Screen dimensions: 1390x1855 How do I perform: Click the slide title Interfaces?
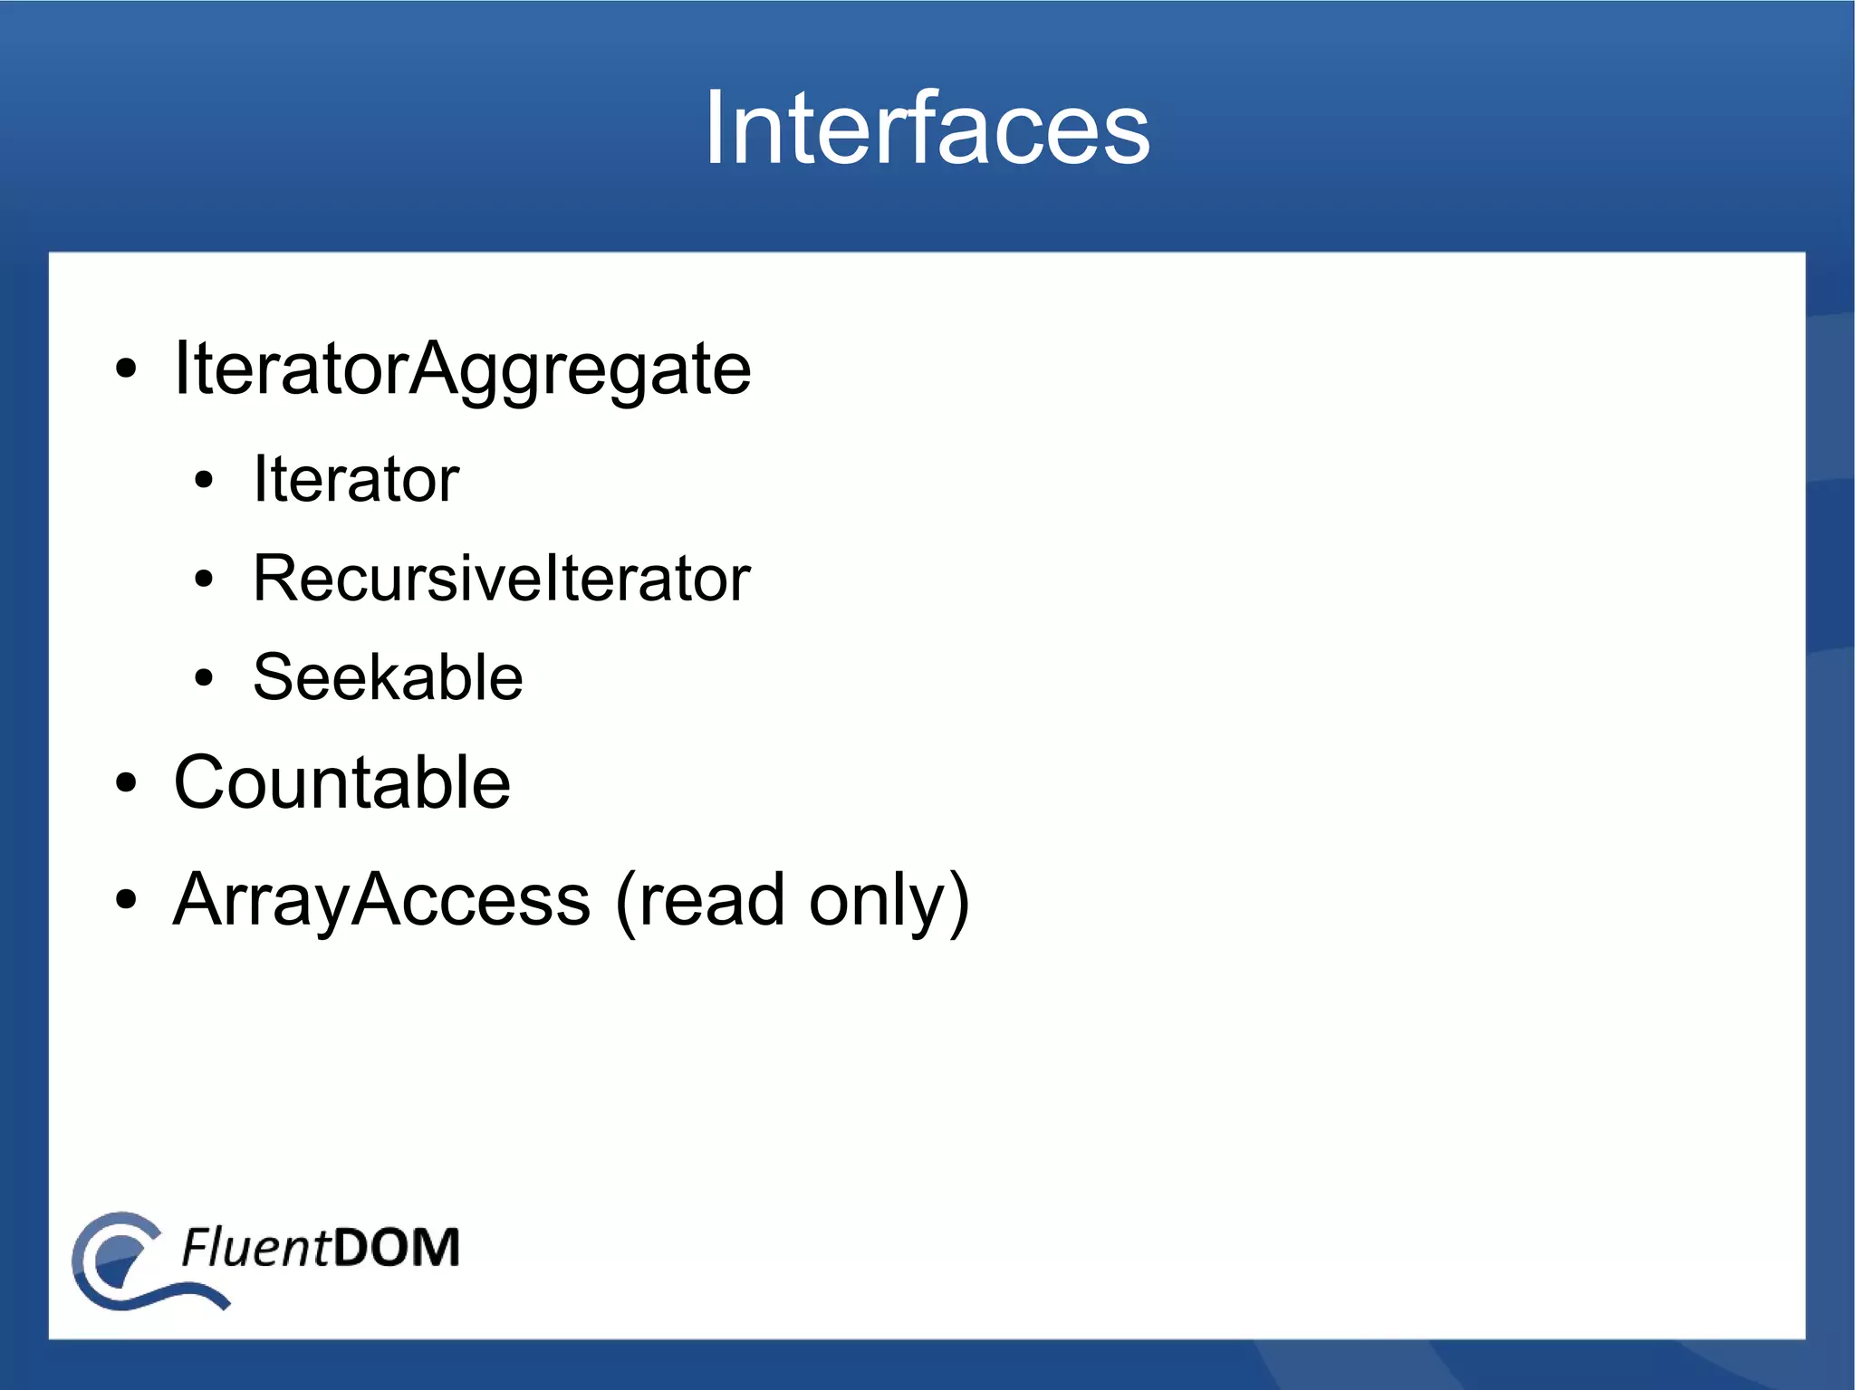pyautogui.click(x=927, y=129)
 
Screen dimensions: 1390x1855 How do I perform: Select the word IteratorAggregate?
pyautogui.click(x=462, y=369)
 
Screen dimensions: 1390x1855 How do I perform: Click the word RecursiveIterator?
pyautogui.click(x=501, y=578)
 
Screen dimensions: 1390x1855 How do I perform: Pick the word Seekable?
pyautogui.click(x=388, y=677)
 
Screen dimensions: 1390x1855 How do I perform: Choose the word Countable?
pyautogui.click(x=341, y=782)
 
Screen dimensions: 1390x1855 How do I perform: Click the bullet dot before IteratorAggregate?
pyautogui.click(x=126, y=369)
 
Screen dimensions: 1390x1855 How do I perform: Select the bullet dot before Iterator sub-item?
pyautogui.click(x=204, y=480)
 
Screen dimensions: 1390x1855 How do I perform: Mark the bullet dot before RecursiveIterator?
pyautogui.click(x=204, y=580)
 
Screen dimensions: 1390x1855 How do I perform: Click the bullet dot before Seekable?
pyautogui.click(x=204, y=678)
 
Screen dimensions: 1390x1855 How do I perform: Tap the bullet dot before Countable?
pyautogui.click(x=126, y=783)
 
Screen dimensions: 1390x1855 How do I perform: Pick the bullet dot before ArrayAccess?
pyautogui.click(x=126, y=900)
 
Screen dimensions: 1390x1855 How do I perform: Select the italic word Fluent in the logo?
pyautogui.click(x=255, y=1247)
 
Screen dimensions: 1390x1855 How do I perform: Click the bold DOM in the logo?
pyautogui.click(x=397, y=1247)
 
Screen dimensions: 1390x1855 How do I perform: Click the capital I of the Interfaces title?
pyautogui.click(x=714, y=129)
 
